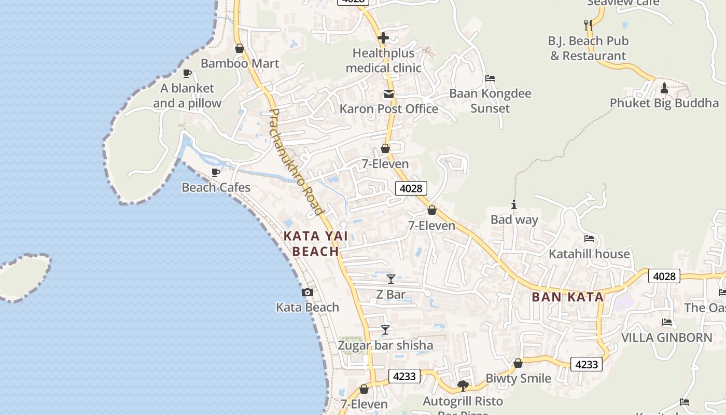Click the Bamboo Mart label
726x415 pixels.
(x=240, y=63)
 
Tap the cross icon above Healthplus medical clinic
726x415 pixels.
(x=383, y=38)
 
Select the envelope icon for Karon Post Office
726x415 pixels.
(x=388, y=94)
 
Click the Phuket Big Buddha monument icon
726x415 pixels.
(x=664, y=88)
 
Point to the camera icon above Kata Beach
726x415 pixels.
(x=308, y=293)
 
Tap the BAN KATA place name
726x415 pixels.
(x=568, y=297)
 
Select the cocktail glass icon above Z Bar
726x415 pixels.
(x=391, y=279)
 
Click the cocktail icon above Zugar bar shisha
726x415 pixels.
(x=385, y=330)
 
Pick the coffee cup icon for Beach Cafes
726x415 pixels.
(x=216, y=172)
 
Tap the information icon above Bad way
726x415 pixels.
(x=514, y=205)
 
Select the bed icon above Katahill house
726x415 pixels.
(x=589, y=239)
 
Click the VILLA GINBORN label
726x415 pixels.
(x=667, y=338)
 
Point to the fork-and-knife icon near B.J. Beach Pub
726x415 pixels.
(x=588, y=25)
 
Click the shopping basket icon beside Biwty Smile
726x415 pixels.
(x=518, y=363)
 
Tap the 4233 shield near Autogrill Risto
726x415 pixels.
(x=404, y=376)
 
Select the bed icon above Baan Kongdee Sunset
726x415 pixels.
(x=490, y=79)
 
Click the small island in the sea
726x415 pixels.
(x=23, y=276)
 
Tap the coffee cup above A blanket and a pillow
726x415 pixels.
(x=187, y=73)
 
